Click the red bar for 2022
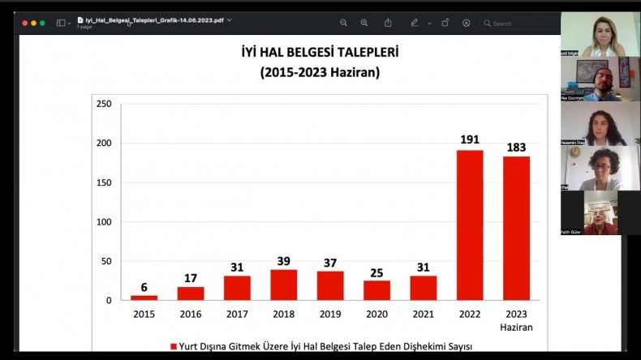[x=470, y=225]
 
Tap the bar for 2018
[x=283, y=285]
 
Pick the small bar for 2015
[x=144, y=298]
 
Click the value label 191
[x=470, y=139]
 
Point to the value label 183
[x=516, y=147]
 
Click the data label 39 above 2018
[x=283, y=261]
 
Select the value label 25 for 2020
[x=376, y=272]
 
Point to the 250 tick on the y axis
[x=104, y=104]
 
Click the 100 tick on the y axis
[x=104, y=221]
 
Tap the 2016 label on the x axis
[x=190, y=315]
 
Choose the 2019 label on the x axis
[x=329, y=315]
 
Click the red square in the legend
[x=173, y=346]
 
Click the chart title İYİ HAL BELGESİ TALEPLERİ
[x=320, y=54]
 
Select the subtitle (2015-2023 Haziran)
[x=320, y=72]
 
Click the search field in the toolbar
[x=519, y=24]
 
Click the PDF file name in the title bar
[x=154, y=19]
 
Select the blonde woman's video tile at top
[x=600, y=34]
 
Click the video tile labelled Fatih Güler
[x=600, y=212]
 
